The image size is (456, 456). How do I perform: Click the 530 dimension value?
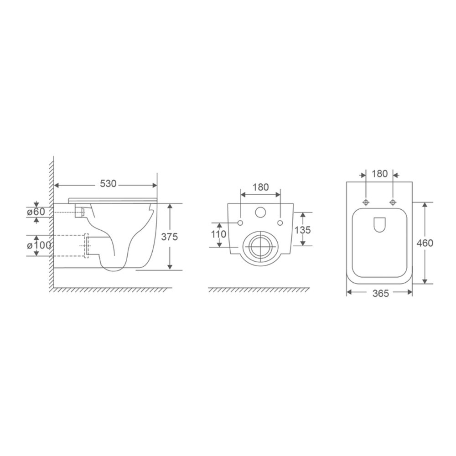point(109,184)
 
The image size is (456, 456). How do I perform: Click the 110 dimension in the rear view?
point(218,234)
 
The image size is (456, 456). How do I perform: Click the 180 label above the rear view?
point(260,187)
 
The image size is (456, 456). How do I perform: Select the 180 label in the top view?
point(379,173)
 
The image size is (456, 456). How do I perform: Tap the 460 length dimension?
point(425,243)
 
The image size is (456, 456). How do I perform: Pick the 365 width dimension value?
point(379,294)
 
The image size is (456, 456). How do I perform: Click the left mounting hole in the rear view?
point(240,223)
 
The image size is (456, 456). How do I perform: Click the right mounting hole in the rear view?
point(280,223)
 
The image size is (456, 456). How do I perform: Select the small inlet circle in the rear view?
point(260,212)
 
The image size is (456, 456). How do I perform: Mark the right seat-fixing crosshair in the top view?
point(393,202)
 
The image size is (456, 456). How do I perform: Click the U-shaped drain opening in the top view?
point(379,224)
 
